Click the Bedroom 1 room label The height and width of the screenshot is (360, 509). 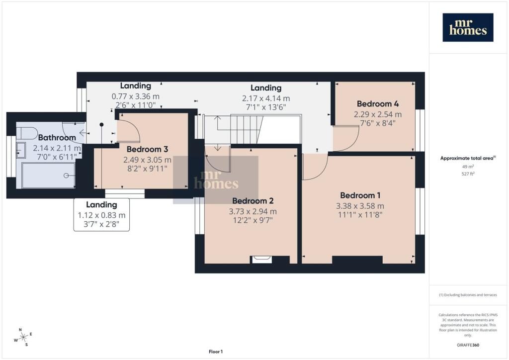tap(360, 195)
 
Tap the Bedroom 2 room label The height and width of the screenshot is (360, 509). tap(253, 201)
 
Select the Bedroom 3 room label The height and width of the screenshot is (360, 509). tap(147, 149)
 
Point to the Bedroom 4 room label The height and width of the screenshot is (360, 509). tap(378, 104)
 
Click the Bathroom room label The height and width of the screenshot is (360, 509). tap(57, 138)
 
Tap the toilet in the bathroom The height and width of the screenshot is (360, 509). tap(27, 133)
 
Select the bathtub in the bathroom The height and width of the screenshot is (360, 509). tap(48, 175)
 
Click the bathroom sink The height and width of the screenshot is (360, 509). tap(21, 150)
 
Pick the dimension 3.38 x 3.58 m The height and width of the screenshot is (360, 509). tap(360, 206)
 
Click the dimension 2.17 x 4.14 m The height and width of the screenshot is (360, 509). tap(266, 98)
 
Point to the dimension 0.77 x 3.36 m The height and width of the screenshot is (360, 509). tap(136, 96)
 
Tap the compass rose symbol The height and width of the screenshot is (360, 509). tap(23, 338)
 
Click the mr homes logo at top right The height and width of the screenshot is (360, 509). tap(468, 27)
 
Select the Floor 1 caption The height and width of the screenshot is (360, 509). tap(216, 352)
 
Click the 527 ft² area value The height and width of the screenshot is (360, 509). tap(468, 174)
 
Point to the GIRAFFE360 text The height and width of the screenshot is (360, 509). tap(468, 345)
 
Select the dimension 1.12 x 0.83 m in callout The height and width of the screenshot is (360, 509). tap(101, 215)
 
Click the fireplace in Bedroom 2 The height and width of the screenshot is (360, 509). tap(261, 260)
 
